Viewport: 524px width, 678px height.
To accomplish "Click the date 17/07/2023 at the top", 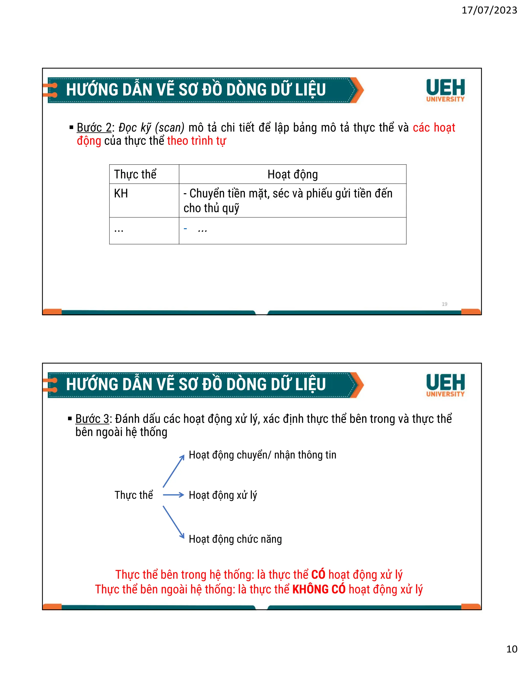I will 489,10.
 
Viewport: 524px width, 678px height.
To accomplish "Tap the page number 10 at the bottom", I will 511,649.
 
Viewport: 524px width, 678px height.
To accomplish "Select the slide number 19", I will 444,304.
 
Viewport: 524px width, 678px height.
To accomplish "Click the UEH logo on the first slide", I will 445,90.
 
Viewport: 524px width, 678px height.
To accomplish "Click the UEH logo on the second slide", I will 445,385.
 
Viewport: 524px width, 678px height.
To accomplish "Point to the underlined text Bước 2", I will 94,128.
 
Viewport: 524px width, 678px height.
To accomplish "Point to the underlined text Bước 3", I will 93,419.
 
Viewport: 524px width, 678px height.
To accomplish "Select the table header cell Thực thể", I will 135,174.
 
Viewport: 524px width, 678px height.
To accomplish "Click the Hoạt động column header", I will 292,174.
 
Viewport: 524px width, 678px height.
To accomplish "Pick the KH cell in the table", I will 121,193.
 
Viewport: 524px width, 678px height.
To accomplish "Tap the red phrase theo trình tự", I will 196,141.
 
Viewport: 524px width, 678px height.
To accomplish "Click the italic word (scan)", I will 169,128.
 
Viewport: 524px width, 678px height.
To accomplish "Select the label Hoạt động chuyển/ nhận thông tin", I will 262,455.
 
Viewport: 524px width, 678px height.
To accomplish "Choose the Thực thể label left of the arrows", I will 134,495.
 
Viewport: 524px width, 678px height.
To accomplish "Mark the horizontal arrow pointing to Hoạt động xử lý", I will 173,495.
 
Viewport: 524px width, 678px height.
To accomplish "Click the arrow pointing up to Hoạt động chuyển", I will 173,471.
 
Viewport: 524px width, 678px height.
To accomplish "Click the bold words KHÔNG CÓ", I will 319,589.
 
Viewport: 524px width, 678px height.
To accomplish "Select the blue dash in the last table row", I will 185,229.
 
